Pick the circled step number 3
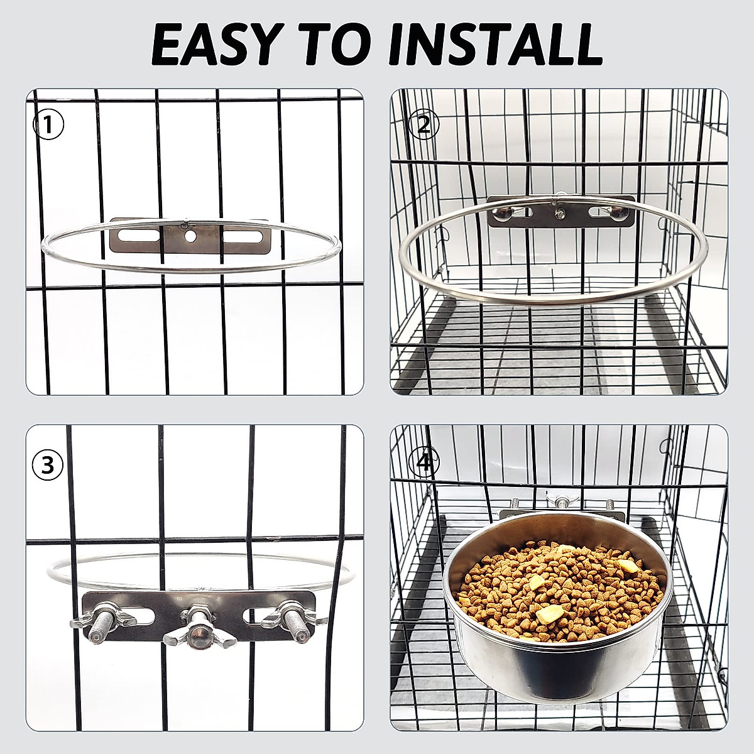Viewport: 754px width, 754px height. point(48,465)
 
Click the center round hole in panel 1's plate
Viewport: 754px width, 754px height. point(190,238)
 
